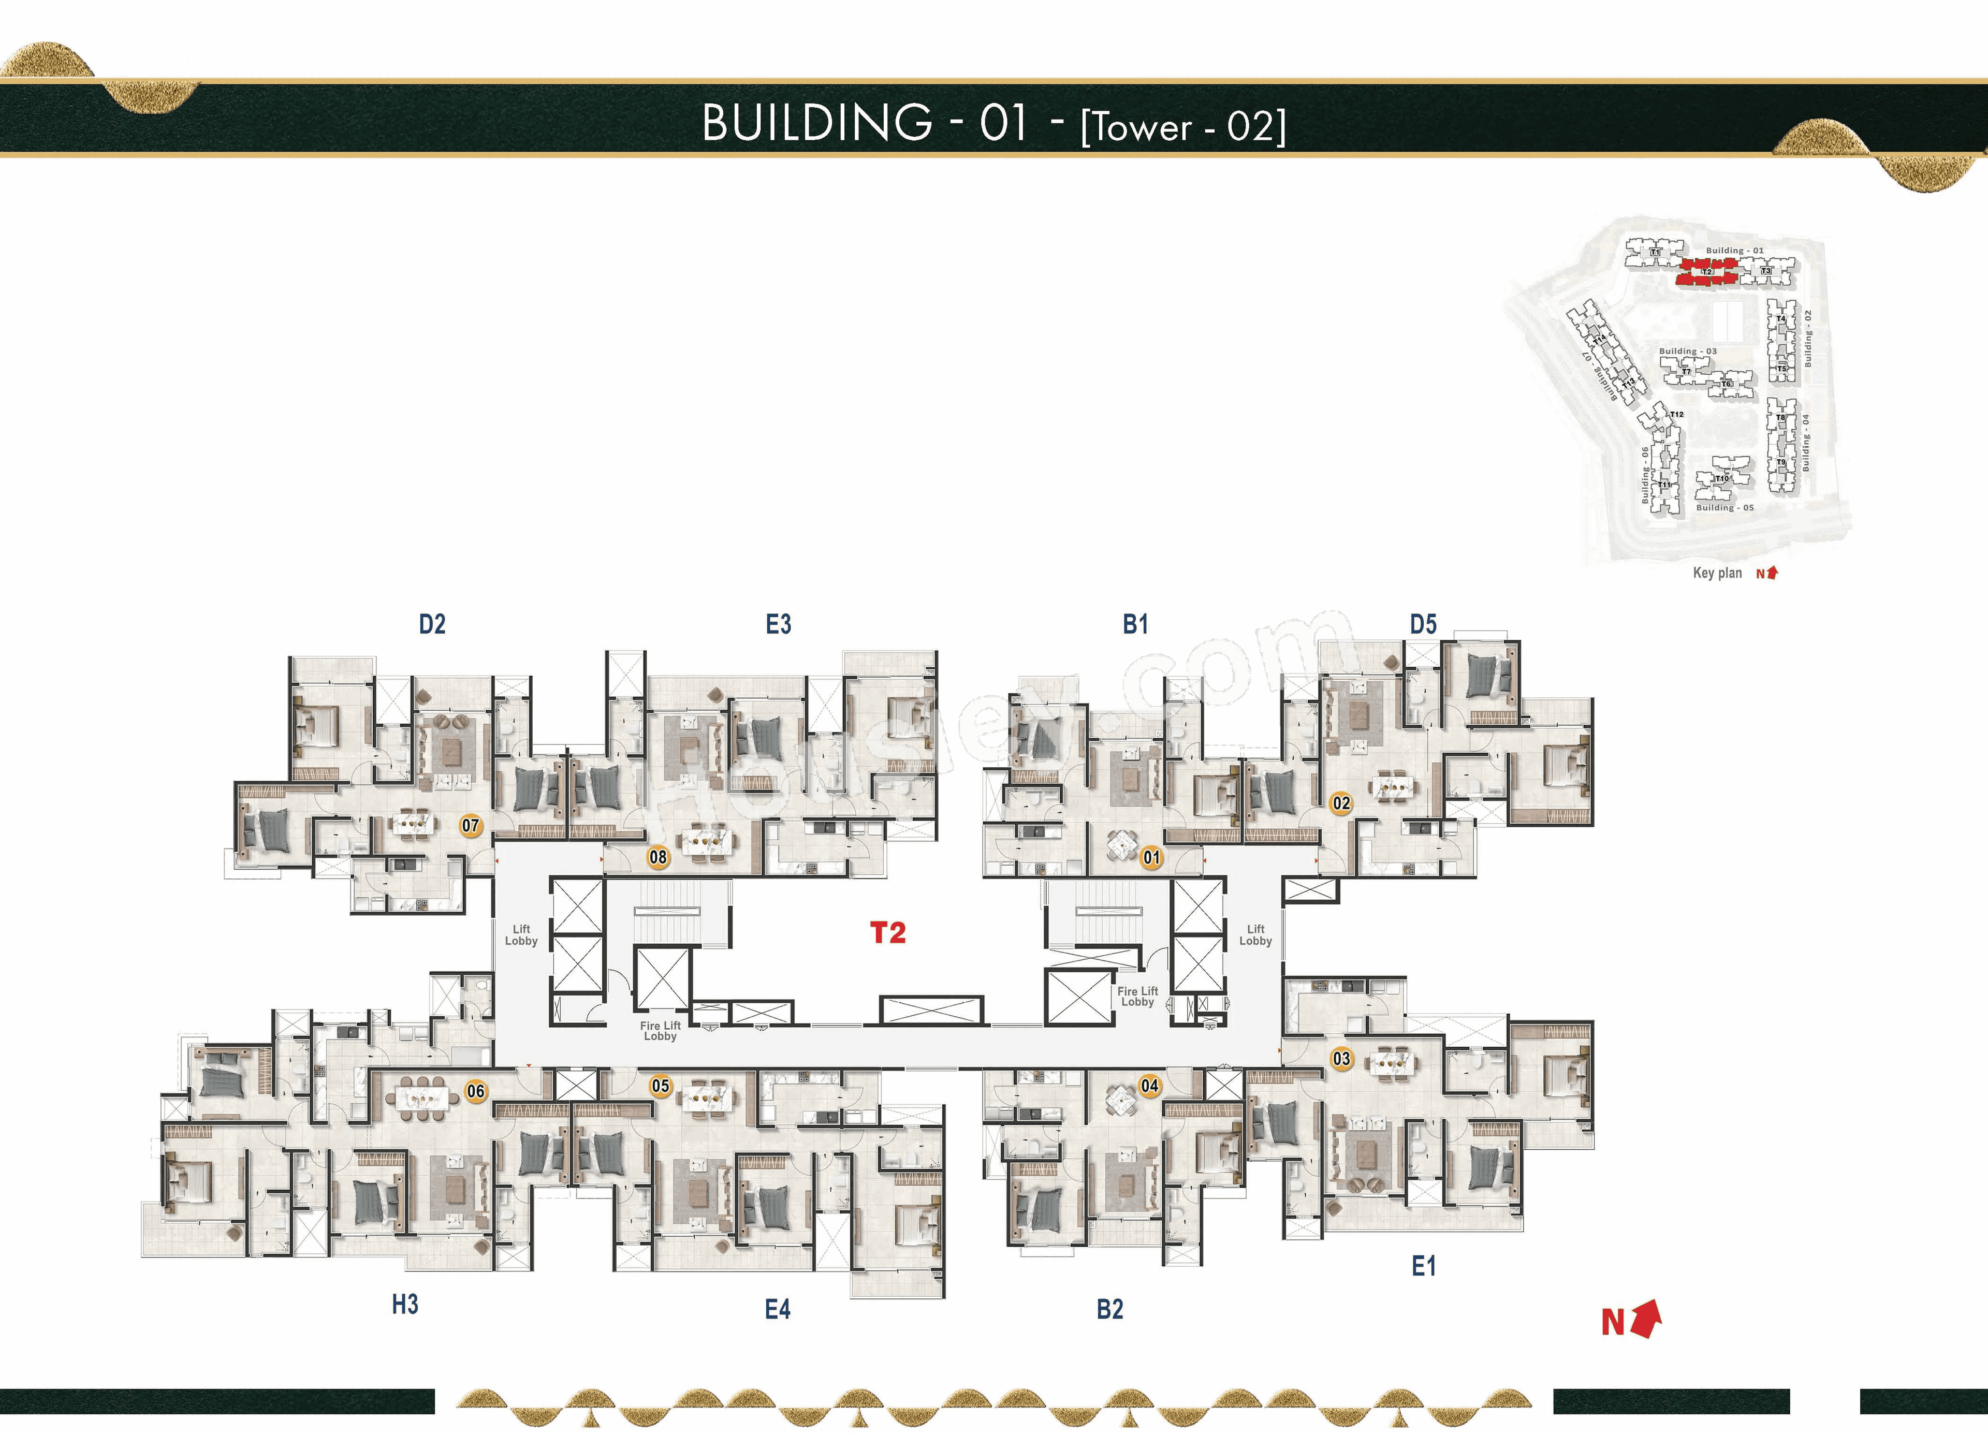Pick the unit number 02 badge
tap(1341, 803)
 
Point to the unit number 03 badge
tap(1341, 1058)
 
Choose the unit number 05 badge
tap(660, 1086)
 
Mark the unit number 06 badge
tap(476, 1091)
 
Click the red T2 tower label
tap(887, 933)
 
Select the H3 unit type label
tap(405, 1304)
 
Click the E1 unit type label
tap(1424, 1266)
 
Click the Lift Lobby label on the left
tap(521, 934)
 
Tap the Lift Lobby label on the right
tap(1255, 934)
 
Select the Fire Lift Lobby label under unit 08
tap(660, 1031)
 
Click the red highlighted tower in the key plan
tap(1706, 273)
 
